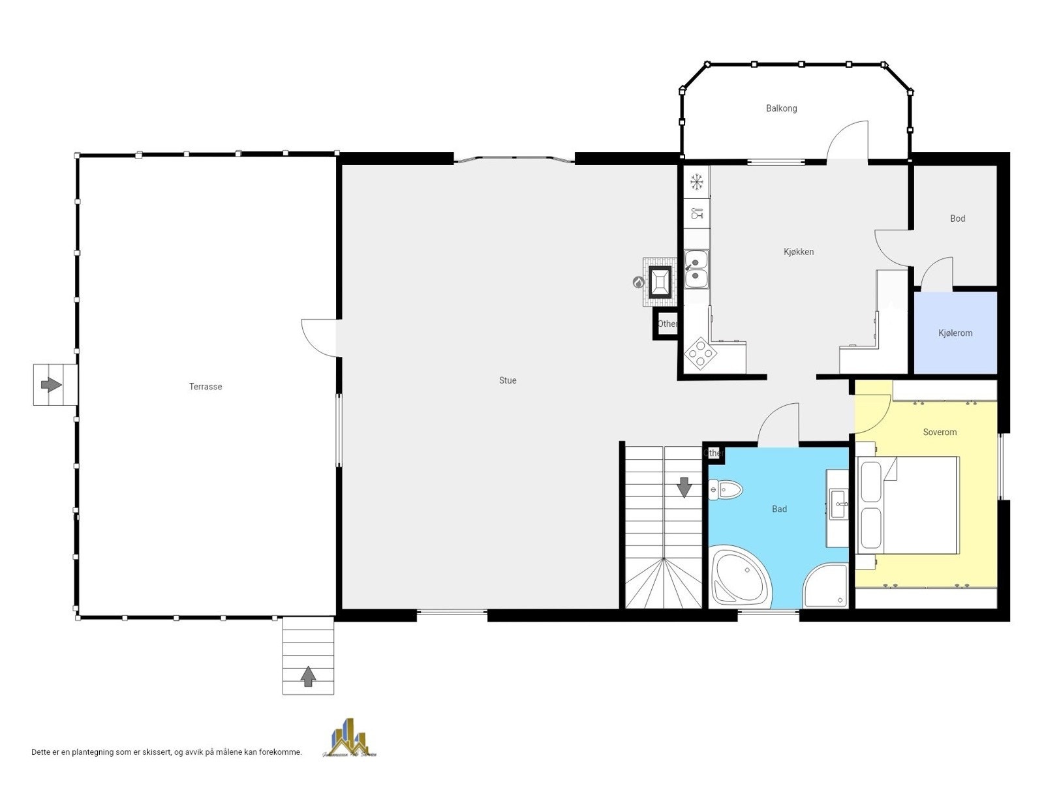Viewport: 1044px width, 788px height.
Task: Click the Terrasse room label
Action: [x=206, y=387]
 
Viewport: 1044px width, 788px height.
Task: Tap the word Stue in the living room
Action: [x=508, y=380]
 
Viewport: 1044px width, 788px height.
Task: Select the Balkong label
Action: [x=781, y=108]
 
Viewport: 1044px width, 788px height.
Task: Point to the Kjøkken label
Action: [x=799, y=252]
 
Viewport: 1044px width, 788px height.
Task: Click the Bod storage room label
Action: [x=957, y=219]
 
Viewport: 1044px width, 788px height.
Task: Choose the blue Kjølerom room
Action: [x=955, y=333]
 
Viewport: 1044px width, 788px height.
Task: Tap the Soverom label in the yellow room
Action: [x=940, y=432]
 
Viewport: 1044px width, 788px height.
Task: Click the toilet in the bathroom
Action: [x=726, y=489]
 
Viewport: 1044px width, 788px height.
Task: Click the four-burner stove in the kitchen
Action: [x=700, y=354]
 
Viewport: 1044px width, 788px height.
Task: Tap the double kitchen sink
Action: [x=696, y=269]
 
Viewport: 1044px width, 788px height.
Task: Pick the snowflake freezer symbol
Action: [x=697, y=181]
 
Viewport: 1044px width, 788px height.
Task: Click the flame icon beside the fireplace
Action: [x=638, y=282]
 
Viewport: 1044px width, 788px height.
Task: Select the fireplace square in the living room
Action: [x=660, y=282]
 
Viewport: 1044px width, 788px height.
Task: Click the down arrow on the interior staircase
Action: [x=684, y=487]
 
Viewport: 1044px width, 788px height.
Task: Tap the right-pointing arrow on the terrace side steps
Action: [x=51, y=384]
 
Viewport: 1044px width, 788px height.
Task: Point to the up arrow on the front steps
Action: [x=308, y=676]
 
